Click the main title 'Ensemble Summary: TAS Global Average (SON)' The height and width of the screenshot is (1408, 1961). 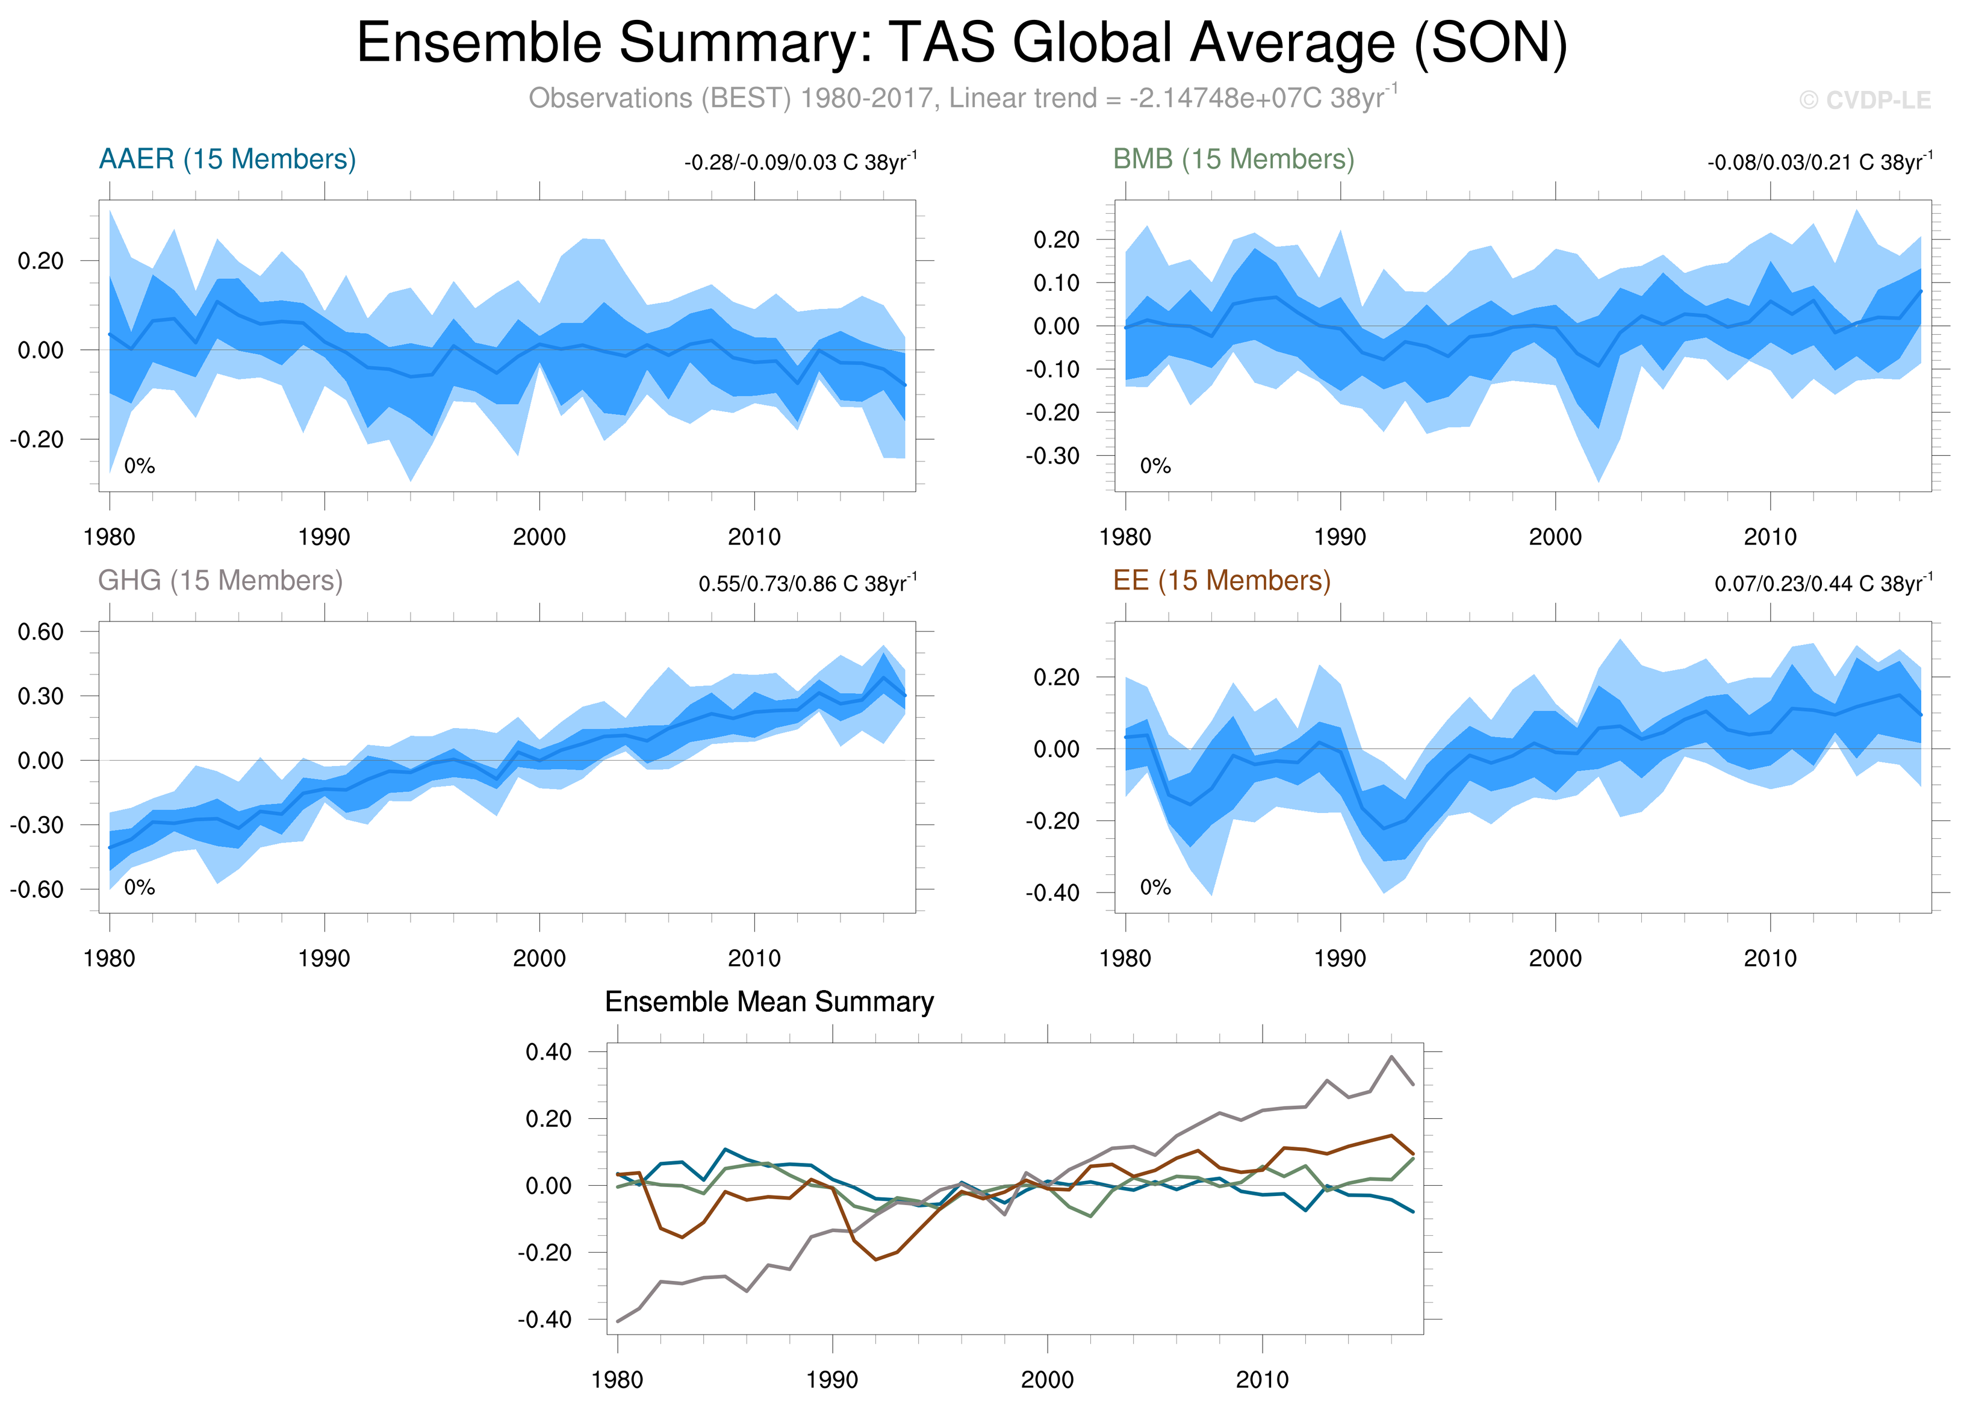coord(962,43)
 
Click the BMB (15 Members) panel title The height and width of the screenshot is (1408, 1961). coord(1233,159)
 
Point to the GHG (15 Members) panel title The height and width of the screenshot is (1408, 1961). coord(220,581)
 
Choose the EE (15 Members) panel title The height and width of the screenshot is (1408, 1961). coord(1222,581)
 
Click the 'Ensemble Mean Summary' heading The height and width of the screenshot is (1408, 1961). coord(769,1001)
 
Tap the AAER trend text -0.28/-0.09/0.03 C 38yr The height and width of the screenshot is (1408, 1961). coord(800,163)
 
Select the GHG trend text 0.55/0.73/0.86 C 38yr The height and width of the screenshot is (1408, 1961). coord(807,584)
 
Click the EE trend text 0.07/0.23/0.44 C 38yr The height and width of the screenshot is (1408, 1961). coord(1823,584)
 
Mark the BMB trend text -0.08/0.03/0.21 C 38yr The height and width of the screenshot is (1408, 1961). coord(1819,163)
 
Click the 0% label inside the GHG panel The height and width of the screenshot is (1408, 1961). coord(139,887)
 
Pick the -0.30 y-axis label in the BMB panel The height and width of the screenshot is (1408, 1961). coord(1052,456)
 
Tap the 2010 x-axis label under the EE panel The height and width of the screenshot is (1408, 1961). coord(1770,958)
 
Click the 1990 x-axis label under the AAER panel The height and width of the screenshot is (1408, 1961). coord(325,537)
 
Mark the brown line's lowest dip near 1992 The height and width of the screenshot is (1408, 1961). coord(876,1259)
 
